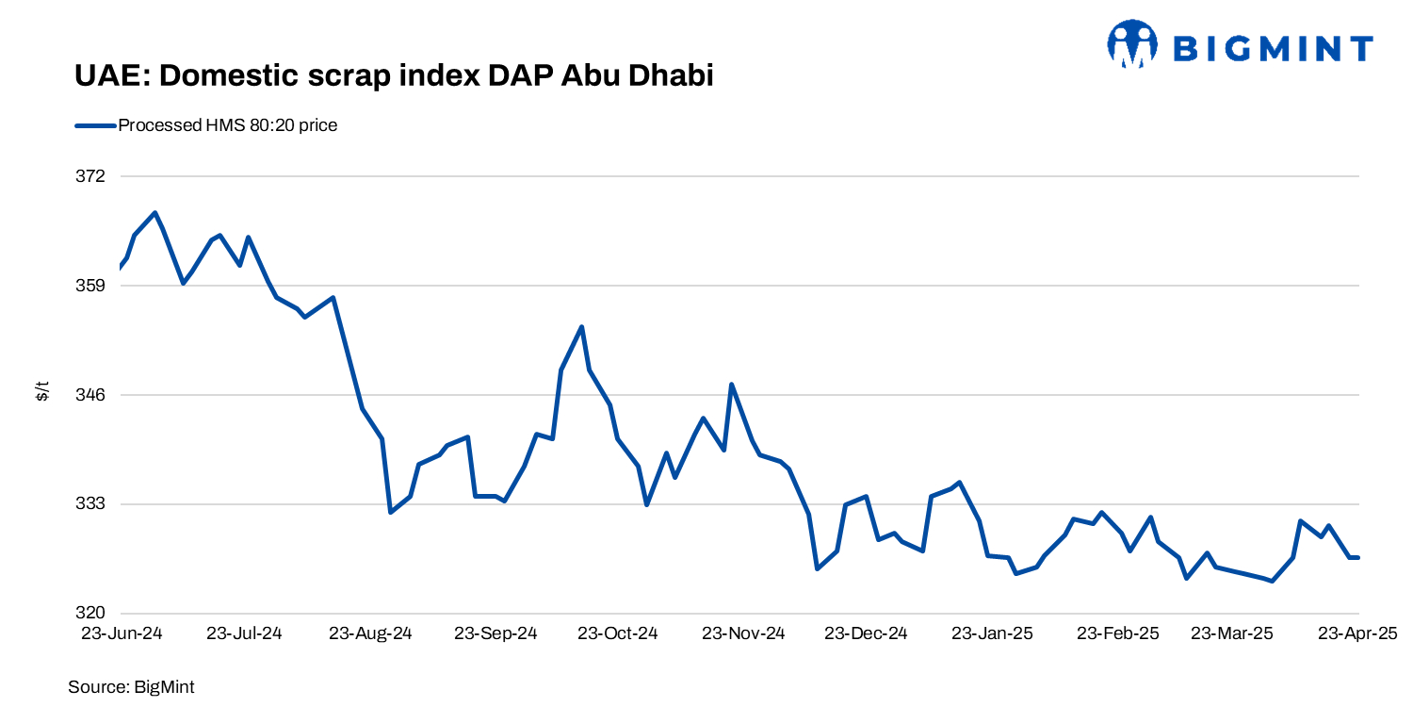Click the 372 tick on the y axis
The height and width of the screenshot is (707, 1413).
[x=93, y=176]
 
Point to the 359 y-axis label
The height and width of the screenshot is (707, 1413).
[x=93, y=286]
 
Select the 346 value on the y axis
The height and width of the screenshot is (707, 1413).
[x=93, y=395]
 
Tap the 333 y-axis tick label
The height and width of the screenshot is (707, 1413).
[x=93, y=504]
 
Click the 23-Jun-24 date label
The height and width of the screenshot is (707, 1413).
[x=122, y=633]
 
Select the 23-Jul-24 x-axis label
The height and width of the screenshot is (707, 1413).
[x=244, y=633]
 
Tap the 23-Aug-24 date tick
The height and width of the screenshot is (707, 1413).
[x=370, y=633]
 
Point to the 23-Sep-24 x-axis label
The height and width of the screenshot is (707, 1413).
[x=495, y=633]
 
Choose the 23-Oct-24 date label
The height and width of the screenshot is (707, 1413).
[x=617, y=633]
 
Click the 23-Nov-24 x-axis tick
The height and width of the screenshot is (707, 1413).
[x=743, y=633]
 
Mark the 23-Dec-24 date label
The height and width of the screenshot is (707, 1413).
[x=866, y=633]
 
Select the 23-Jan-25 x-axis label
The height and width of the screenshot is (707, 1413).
[x=992, y=633]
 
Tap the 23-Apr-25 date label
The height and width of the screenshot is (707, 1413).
[x=1357, y=633]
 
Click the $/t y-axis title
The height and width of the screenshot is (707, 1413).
[x=42, y=391]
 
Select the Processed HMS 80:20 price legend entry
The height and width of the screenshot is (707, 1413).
[x=227, y=125]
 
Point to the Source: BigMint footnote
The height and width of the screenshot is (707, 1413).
[x=131, y=687]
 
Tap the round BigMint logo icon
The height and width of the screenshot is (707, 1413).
[x=1131, y=44]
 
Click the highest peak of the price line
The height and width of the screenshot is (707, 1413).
[x=154, y=213]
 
